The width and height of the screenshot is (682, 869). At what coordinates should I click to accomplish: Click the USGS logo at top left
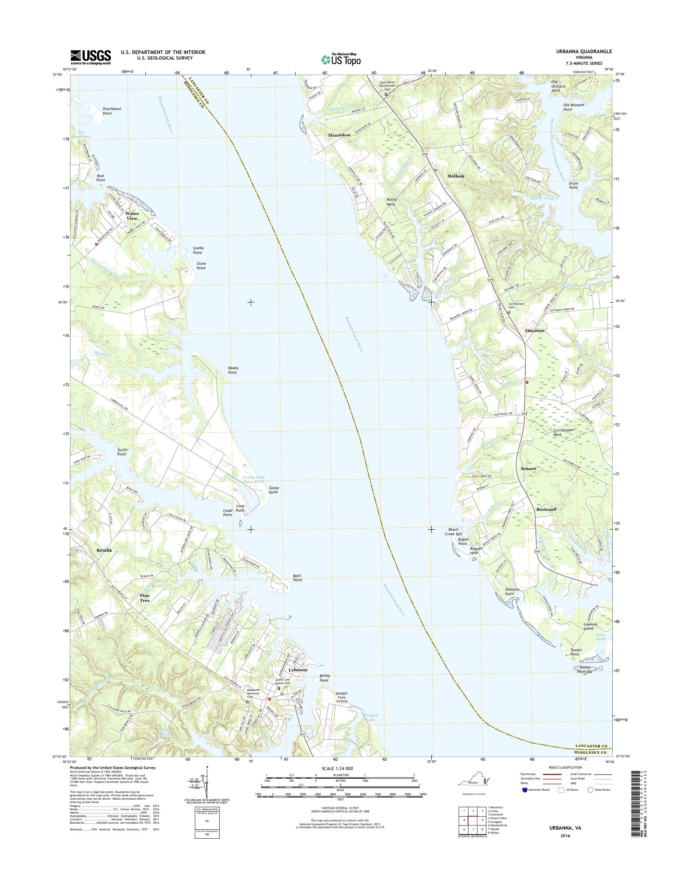pyautogui.click(x=91, y=57)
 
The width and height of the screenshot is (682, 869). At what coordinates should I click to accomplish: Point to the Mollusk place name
pyautogui.click(x=456, y=176)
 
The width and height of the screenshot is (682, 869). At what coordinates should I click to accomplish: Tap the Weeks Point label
pyautogui.click(x=232, y=370)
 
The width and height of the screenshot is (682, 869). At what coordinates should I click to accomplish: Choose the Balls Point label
pyautogui.click(x=297, y=578)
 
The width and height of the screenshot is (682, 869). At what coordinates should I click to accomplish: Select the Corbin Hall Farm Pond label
pyautogui.click(x=254, y=479)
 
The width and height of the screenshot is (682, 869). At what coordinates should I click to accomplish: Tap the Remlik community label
pyautogui.click(x=105, y=550)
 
